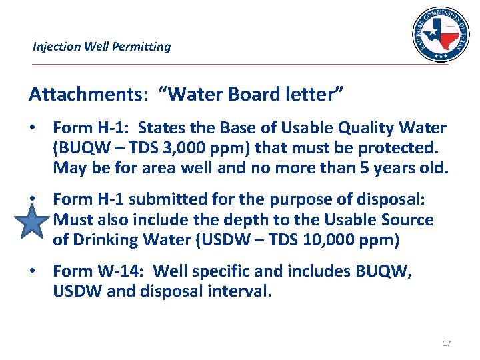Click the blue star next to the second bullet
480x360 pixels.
32,221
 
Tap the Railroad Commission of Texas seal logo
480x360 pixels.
440,34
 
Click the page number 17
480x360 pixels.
446,343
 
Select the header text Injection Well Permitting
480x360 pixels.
101,47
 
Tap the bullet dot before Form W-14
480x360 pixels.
32,271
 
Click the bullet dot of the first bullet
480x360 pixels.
32,127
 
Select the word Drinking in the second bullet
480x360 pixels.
109,239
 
